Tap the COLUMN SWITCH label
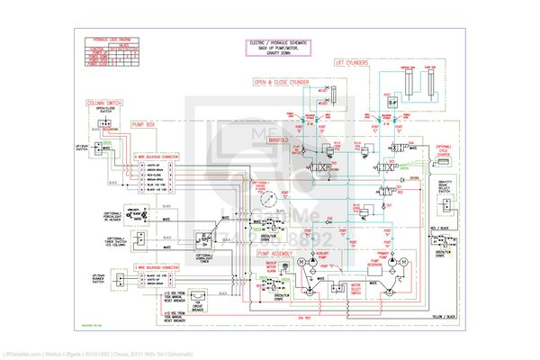coord(103,104)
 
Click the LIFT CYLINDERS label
coord(353,64)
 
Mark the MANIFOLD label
coord(277,141)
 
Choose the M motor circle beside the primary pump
coord(402,262)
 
